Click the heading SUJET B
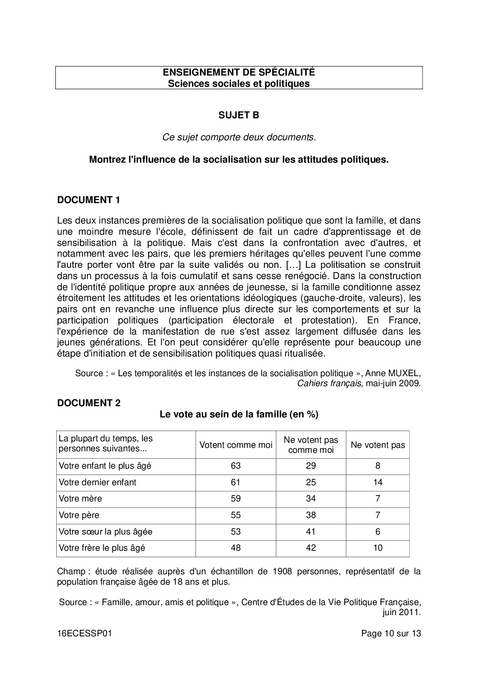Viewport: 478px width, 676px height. click(x=239, y=115)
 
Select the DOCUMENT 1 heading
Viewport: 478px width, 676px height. click(x=89, y=200)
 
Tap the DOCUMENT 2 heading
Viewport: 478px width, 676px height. click(x=89, y=403)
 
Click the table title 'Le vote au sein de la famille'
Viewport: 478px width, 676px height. click(x=239, y=414)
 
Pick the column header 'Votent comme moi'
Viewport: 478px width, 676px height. click(x=236, y=445)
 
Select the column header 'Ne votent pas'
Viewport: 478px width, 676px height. click(x=377, y=445)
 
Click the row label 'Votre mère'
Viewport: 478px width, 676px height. click(x=80, y=498)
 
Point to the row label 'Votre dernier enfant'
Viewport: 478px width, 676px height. click(x=97, y=482)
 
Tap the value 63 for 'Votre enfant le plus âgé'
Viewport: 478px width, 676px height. click(x=236, y=466)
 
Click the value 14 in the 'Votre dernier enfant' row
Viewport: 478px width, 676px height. click(x=377, y=482)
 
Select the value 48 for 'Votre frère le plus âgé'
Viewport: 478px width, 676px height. click(x=236, y=548)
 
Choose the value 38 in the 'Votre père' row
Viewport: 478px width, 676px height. click(x=311, y=515)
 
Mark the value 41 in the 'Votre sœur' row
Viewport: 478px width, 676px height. click(x=311, y=531)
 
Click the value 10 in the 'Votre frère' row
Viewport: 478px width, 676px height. click(x=377, y=548)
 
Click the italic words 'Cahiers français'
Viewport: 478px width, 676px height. click(x=330, y=383)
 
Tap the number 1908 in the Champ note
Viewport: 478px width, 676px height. click(x=283, y=571)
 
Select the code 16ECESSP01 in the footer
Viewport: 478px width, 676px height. click(x=84, y=633)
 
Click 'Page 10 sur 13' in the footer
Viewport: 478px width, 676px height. click(x=391, y=633)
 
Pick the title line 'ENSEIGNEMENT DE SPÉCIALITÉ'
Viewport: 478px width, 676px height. click(x=239, y=72)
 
